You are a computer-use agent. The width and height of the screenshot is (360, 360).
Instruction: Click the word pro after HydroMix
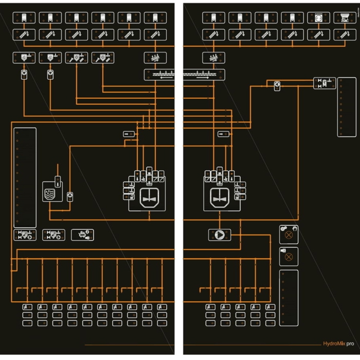[350, 344]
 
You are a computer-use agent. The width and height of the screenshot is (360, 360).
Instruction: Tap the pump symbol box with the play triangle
[220, 235]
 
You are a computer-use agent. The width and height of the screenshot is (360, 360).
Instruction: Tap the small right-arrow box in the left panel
[129, 134]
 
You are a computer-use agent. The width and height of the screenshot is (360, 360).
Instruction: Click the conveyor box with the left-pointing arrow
[159, 75]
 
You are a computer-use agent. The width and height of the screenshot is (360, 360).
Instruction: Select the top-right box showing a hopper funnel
[344, 17]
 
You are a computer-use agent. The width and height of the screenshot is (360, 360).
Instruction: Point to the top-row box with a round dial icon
[318, 17]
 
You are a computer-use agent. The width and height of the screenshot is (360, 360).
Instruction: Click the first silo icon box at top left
[23, 17]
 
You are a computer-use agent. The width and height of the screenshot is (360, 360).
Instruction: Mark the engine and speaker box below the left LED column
[82, 235]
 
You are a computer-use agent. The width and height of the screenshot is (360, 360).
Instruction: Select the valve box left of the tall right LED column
[325, 83]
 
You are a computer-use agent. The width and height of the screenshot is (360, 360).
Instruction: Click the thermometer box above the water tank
[58, 181]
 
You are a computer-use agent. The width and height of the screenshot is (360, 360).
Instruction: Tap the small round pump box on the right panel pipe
[277, 86]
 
